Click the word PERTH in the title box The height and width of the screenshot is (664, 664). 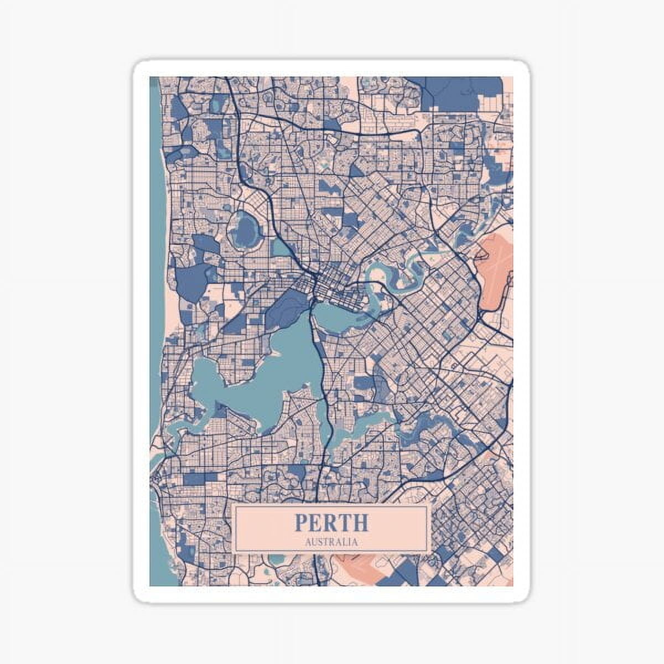click(x=331, y=522)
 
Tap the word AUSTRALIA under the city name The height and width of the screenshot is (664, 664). click(x=331, y=542)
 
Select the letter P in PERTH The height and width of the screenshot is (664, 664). click(x=301, y=522)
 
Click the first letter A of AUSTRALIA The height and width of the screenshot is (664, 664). click(x=308, y=542)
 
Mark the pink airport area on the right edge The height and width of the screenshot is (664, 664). click(x=494, y=271)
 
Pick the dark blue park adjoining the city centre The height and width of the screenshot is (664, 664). click(x=287, y=307)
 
